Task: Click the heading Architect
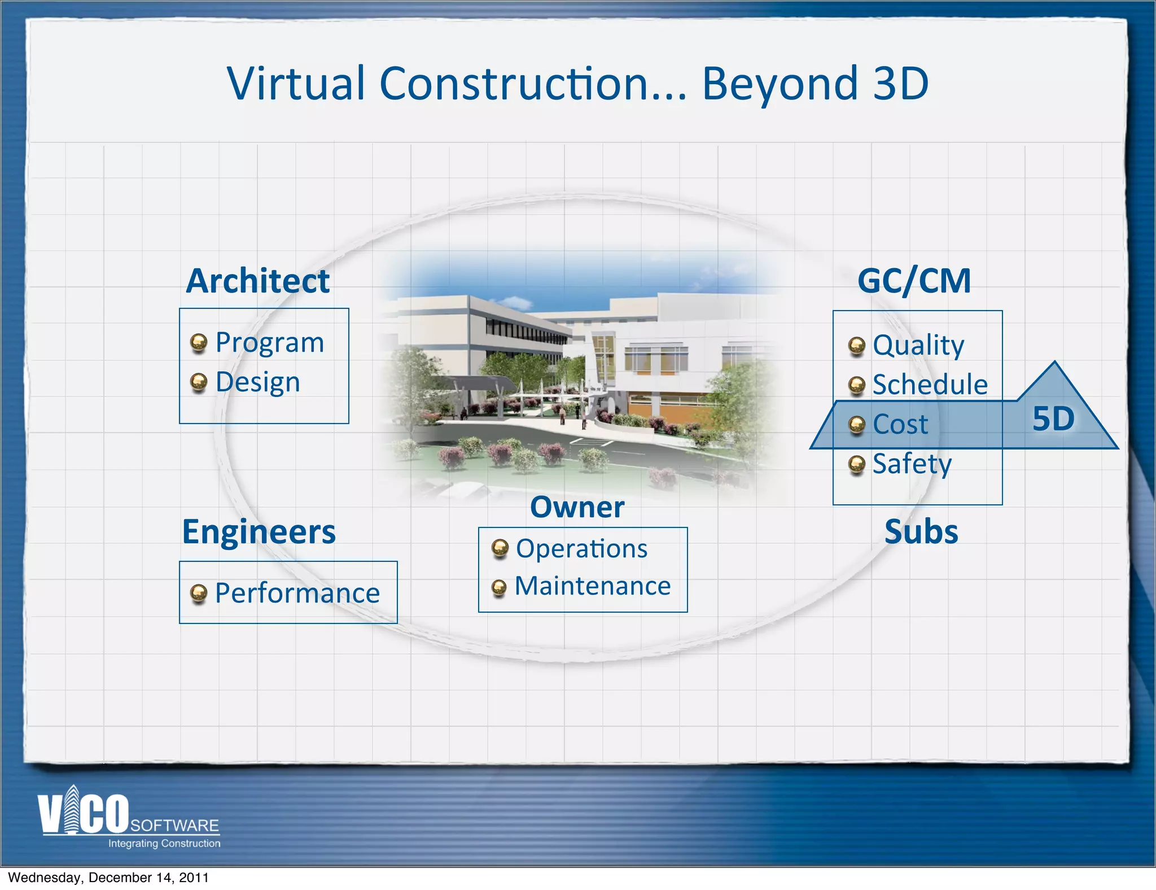[258, 281]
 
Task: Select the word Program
[270, 343]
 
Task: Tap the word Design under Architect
[258, 382]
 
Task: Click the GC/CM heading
[914, 281]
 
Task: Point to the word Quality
[918, 345]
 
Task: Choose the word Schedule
[930, 385]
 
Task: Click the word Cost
[900, 424]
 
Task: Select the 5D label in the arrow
[1053, 419]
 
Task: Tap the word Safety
[912, 464]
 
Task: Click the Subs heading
[921, 532]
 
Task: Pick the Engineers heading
[259, 532]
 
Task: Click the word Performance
[297, 594]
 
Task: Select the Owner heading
[577, 507]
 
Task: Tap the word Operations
[582, 549]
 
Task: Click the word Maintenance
[593, 586]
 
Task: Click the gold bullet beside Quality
[857, 346]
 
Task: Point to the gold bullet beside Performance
[198, 593]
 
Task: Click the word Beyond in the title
[780, 84]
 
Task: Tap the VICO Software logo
[129, 818]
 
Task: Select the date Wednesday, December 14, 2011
[108, 878]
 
